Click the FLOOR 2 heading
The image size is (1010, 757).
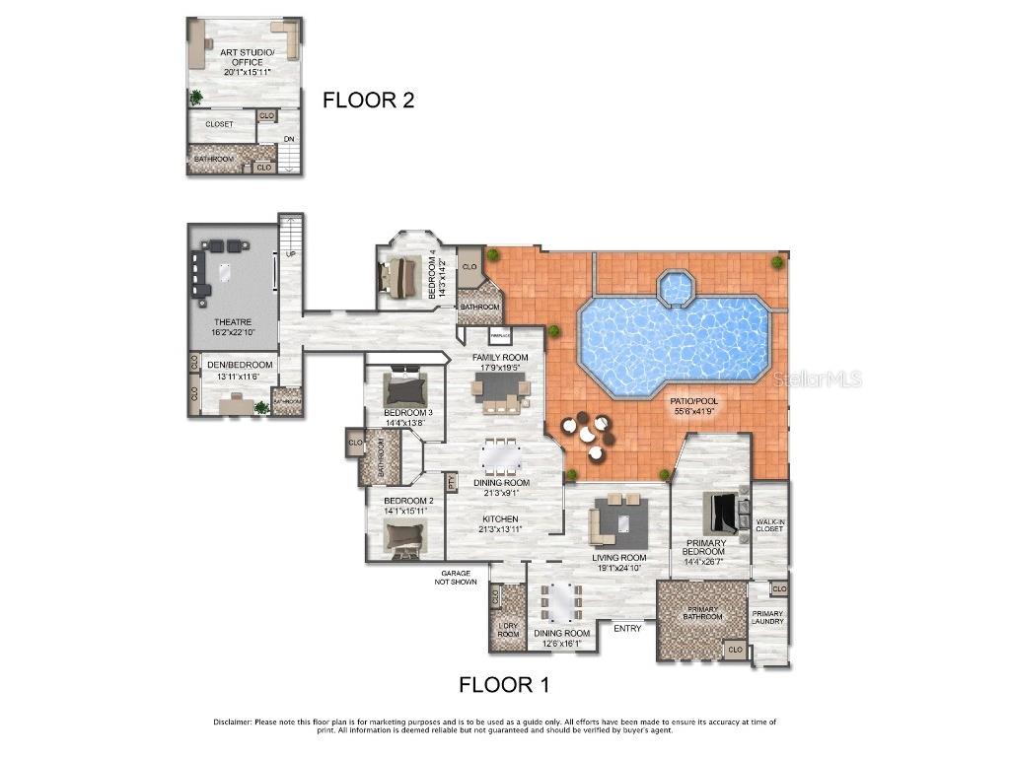coord(369,100)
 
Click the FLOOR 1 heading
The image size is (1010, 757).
coord(505,684)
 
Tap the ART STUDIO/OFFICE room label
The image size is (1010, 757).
coord(241,61)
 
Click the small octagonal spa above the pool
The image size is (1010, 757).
coord(676,288)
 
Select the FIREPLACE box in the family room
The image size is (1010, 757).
coord(499,337)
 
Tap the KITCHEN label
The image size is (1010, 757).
coord(500,523)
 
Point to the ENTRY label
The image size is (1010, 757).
coord(627,628)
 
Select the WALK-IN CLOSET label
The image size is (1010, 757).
coord(769,525)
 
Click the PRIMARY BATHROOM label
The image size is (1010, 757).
coord(703,612)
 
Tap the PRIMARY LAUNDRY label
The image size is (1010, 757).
coord(767,617)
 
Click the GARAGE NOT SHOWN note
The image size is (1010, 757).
coord(459,577)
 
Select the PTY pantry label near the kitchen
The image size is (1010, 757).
coord(452,483)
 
